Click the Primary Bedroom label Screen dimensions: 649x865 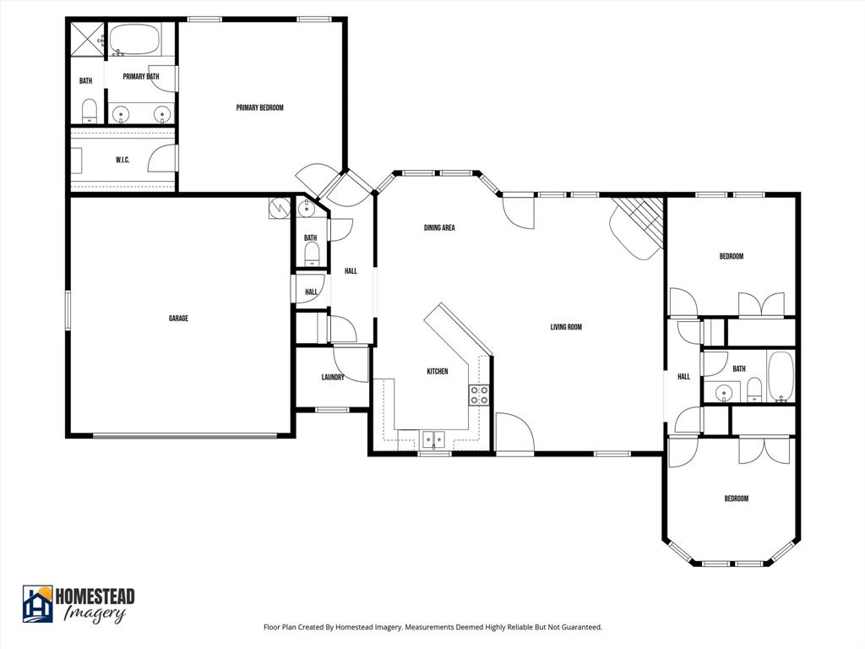coord(259,108)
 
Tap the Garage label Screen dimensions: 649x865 coord(178,319)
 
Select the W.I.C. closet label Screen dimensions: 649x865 coord(122,160)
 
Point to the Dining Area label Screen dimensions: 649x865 coord(439,227)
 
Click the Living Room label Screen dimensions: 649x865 coord(566,327)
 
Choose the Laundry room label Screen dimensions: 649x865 coord(333,377)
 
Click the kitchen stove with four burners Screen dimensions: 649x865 coord(479,395)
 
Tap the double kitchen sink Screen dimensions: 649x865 coord(434,439)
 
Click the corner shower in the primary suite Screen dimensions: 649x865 coord(84,39)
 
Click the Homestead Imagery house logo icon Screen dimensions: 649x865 coord(37,603)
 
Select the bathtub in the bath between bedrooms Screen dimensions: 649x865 coord(780,376)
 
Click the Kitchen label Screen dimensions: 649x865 coord(437,372)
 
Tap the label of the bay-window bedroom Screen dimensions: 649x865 coord(736,499)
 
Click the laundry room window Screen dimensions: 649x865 coord(332,410)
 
